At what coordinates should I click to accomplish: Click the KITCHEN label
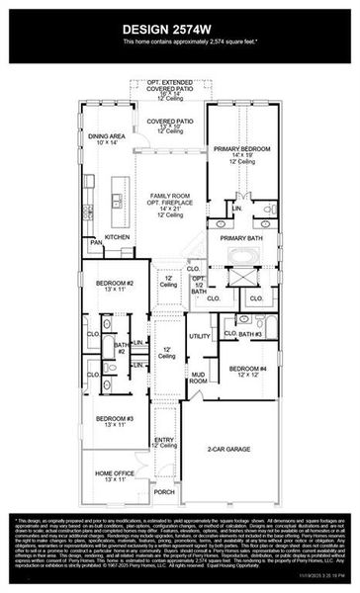(x=118, y=237)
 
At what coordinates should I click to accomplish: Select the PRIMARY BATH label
(x=239, y=238)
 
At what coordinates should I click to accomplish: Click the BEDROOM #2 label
(x=115, y=284)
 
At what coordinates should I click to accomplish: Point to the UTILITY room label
(x=200, y=337)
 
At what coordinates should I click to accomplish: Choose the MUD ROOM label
(x=198, y=378)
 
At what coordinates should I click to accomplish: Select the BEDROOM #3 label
(x=115, y=420)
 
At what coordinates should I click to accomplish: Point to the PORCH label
(x=163, y=491)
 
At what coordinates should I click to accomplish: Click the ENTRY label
(x=163, y=442)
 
